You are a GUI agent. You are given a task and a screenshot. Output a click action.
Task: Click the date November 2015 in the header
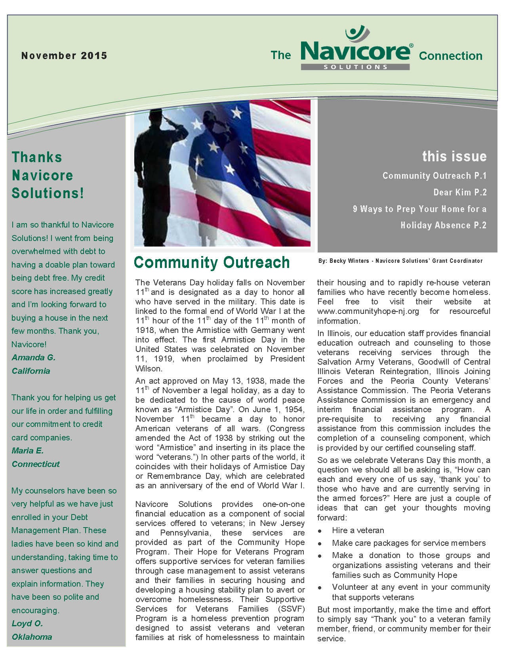64,55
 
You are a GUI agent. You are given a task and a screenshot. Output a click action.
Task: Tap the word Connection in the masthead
450,56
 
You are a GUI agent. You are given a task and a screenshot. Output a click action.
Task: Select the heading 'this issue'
454,157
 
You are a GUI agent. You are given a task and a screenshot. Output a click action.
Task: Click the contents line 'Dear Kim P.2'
460,193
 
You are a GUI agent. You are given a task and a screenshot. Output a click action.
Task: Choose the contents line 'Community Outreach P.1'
434,176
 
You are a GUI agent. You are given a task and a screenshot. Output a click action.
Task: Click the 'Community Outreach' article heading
212,262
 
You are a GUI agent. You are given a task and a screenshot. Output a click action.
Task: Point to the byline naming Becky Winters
400,261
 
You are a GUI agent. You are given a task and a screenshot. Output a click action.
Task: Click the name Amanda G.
34,358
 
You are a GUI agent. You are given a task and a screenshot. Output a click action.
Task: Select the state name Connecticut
36,464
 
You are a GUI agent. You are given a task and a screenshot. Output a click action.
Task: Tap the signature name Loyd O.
27,623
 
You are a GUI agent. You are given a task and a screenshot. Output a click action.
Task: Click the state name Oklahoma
32,637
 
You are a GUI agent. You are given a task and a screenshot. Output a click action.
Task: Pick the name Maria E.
28,451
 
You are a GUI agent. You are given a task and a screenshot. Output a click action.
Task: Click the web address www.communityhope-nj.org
368,311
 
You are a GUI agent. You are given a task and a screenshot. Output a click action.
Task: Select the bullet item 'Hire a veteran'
358,530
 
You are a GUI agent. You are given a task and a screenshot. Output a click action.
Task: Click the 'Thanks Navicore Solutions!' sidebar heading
48,175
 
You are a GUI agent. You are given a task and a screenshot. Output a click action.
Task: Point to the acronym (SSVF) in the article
291,609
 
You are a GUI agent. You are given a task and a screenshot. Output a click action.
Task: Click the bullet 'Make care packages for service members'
409,543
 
